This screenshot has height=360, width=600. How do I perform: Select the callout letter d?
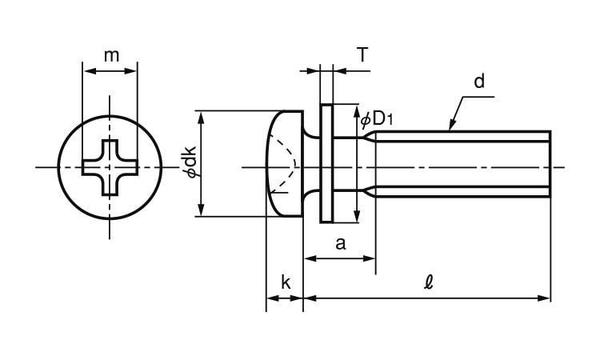478,81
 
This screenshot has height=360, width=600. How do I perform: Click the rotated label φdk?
190,163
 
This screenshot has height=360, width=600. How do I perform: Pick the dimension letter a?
340,243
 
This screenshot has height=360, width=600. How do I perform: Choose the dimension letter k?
285,282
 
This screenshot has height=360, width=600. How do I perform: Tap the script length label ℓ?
428,282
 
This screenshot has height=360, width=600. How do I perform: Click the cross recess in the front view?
110,167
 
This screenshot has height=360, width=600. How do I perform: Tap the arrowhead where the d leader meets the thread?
450,127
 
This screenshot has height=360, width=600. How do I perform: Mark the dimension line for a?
340,258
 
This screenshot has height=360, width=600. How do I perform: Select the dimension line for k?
285,298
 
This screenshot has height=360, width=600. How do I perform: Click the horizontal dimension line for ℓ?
428,298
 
